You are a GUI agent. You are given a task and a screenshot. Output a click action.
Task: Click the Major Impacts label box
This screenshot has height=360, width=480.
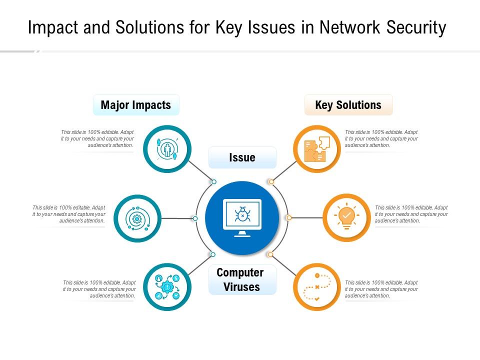click(x=136, y=105)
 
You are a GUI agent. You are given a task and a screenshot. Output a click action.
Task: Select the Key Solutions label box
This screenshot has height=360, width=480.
click(x=348, y=105)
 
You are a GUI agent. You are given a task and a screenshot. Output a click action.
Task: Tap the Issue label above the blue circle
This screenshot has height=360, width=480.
click(x=242, y=157)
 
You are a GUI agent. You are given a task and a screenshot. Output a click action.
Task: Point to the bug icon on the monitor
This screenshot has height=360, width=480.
click(x=242, y=214)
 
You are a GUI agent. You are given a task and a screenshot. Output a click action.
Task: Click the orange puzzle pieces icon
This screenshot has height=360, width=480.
click(x=317, y=149)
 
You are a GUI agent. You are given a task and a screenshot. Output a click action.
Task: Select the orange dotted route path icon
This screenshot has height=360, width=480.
click(x=317, y=287)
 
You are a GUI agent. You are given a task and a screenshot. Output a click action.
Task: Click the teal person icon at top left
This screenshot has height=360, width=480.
click(x=167, y=149)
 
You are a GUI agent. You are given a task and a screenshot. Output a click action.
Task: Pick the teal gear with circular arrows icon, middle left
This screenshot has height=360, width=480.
click(x=137, y=218)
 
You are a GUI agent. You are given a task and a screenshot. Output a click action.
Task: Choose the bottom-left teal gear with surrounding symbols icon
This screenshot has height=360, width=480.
click(x=167, y=287)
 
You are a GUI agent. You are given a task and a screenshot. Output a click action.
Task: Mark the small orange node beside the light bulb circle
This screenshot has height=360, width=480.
click(x=289, y=217)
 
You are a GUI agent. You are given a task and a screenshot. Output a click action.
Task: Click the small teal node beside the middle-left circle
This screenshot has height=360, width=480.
click(x=195, y=218)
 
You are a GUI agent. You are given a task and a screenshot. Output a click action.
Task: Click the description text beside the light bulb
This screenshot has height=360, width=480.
click(x=411, y=214)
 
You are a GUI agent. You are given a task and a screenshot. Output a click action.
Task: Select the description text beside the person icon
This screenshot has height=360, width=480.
click(x=97, y=138)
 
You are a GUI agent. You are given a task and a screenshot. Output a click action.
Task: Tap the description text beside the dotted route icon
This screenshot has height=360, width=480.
click(x=381, y=289)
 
